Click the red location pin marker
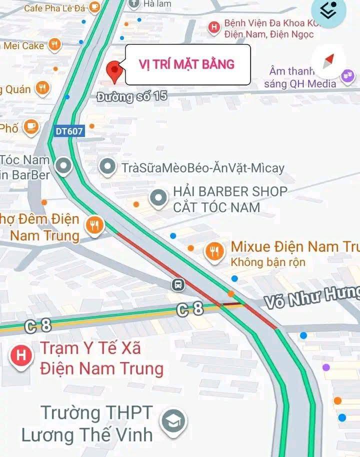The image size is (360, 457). point(115,71)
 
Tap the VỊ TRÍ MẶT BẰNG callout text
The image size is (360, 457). point(186,64)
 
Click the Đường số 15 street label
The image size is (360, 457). point(132,96)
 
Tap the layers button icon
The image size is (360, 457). point(328,10)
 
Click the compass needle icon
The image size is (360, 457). point(328,61)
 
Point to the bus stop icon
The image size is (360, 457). point(177,285)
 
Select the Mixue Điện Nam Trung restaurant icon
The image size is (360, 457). point(215,251)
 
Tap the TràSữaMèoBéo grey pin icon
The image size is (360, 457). point(107,167)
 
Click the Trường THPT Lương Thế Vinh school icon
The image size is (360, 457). point(173,422)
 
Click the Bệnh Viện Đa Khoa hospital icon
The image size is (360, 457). point(214,27)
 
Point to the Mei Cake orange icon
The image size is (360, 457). point(54,45)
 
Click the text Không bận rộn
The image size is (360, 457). point(267,262)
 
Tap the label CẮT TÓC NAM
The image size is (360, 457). point(216,206)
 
